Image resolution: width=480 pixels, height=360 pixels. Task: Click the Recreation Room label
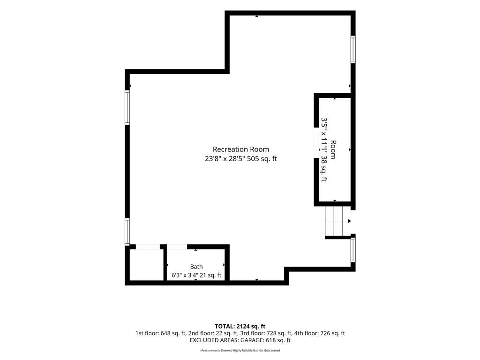pos(241,150)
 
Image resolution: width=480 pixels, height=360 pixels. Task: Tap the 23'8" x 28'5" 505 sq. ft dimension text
pos(241,159)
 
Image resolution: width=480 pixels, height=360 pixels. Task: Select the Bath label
pos(196,267)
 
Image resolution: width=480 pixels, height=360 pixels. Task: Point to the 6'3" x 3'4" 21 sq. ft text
pos(196,275)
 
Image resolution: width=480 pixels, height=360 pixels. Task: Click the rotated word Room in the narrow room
pos(333,150)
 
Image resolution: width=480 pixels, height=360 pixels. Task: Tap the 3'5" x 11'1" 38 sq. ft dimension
pos(324,150)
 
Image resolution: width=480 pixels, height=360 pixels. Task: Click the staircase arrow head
pos(349,221)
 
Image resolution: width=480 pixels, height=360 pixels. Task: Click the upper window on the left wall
pos(127,107)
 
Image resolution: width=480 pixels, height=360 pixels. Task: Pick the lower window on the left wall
pos(127,232)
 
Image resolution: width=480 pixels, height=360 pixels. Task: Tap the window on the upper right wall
pos(353,49)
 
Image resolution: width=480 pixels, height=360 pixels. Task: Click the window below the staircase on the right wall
pos(353,249)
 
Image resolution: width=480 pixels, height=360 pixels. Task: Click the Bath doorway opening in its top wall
pos(177,247)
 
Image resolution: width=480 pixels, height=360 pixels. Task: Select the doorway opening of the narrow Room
pos(316,142)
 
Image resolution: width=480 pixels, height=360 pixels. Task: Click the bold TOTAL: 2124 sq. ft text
pos(240,326)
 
